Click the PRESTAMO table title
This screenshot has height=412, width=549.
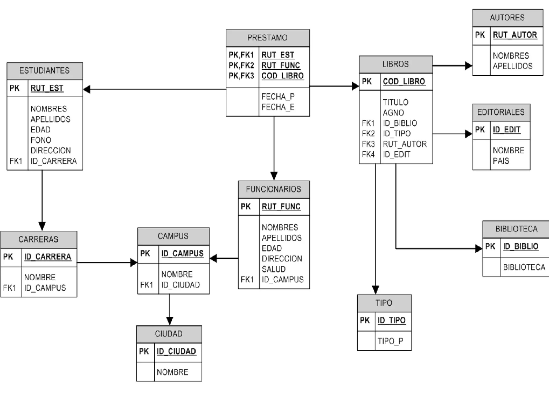[267, 38]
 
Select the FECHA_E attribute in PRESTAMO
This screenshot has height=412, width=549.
[278, 107]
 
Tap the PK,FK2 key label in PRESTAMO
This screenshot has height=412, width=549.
[241, 65]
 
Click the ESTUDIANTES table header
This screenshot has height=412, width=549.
[44, 71]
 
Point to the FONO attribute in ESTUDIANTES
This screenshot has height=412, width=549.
[41, 140]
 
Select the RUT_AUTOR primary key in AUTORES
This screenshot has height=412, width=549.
[515, 35]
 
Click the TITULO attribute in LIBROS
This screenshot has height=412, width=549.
[395, 102]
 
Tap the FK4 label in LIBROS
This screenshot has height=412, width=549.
[368, 154]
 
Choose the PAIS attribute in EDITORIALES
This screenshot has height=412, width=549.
[501, 161]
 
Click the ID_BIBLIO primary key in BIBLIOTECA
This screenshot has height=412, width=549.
[521, 247]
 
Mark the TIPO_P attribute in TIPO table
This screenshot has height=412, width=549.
[390, 341]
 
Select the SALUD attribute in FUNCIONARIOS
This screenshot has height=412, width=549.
[273, 269]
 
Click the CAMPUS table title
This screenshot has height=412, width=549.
[173, 236]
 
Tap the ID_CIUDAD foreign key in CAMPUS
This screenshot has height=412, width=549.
[180, 285]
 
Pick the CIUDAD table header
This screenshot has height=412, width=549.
[169, 334]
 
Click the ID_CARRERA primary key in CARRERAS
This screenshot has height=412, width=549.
[48, 257]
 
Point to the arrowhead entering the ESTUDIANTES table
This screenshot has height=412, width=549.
[87, 89]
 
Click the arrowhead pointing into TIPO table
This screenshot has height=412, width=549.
[376, 290]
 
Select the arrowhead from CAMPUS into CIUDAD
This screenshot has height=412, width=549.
[170, 321]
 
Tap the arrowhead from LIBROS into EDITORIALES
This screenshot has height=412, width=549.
[469, 134]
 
